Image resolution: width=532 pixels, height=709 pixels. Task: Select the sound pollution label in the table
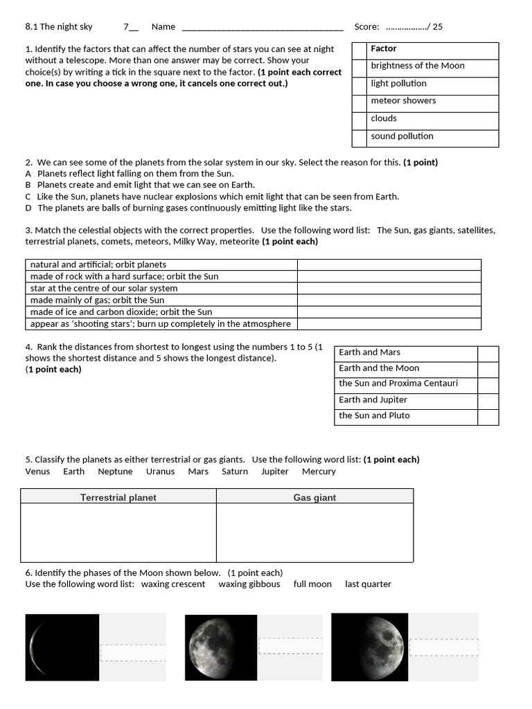coord(402,136)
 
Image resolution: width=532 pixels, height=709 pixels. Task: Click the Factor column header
coord(384,48)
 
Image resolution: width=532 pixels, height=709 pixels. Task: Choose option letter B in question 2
coord(28,185)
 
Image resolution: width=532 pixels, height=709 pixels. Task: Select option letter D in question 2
coord(28,208)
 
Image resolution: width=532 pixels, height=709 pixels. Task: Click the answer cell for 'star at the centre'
coord(389,288)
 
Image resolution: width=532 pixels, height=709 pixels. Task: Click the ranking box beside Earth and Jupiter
coord(488,400)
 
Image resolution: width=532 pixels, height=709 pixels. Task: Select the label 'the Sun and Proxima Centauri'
coord(398,384)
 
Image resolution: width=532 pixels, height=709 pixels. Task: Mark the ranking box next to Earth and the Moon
coord(488,369)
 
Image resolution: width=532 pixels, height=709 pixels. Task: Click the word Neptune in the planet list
coord(115,472)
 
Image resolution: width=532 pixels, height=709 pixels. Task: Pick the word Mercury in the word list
coord(319,472)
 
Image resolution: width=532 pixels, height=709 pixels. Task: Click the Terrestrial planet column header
coord(118,497)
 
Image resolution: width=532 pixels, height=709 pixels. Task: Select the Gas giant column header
coord(314,497)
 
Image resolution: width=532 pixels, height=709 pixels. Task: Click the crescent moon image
coord(62,647)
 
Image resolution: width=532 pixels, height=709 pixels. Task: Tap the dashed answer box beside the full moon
coord(290,646)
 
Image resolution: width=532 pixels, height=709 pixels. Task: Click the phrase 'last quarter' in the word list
coord(368,584)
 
